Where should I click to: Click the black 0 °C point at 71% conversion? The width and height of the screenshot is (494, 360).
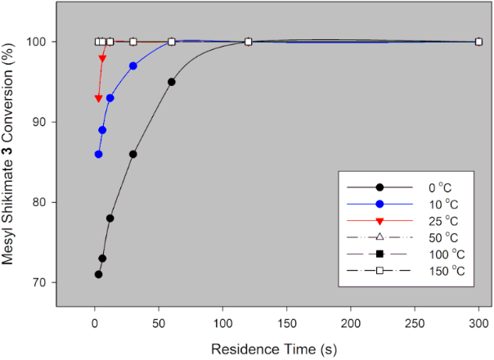98,274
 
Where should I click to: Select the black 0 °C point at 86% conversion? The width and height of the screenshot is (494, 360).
132,154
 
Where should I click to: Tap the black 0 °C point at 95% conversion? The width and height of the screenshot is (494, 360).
171,82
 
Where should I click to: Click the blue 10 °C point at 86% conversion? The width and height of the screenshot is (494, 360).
98,154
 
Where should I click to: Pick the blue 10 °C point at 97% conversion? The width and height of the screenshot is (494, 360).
132,65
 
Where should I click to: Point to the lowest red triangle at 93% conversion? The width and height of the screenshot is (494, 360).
98,98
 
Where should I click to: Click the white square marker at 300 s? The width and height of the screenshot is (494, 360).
478,41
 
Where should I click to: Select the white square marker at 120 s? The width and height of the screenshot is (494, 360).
248,41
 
